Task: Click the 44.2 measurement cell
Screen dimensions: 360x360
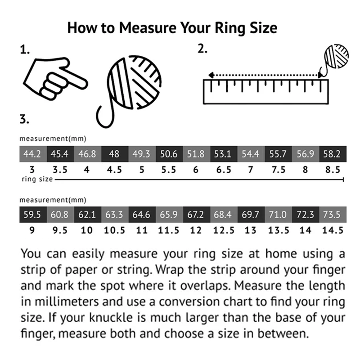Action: (33, 154)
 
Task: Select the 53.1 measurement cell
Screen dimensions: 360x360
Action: (224, 154)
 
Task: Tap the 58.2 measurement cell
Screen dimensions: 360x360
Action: (333, 154)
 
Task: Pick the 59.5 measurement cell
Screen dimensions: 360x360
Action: (33, 215)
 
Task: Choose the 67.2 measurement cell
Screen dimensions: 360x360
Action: (197, 215)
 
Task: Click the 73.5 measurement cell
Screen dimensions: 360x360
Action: (333, 215)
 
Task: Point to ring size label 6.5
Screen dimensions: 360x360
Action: (224, 170)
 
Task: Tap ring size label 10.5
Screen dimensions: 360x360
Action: (114, 230)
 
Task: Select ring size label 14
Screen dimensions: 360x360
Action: (306, 230)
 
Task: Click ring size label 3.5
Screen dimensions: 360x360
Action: (60, 170)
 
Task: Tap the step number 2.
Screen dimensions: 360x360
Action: (202, 49)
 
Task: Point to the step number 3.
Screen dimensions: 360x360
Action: (24, 119)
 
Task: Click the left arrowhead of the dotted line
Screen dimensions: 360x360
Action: (211, 75)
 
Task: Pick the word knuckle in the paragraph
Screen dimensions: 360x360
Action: (111, 318)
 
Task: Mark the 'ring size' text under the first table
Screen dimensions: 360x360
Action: (37, 179)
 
